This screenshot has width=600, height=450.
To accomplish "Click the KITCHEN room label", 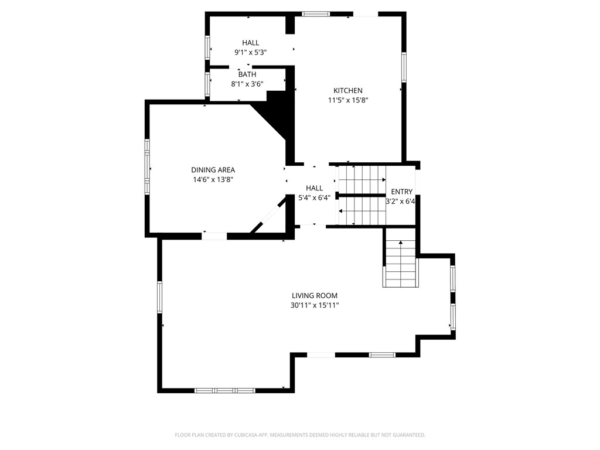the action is (x=348, y=91).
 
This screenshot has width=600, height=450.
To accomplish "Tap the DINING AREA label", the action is (x=213, y=170).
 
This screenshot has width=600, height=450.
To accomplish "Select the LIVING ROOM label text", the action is (x=315, y=295).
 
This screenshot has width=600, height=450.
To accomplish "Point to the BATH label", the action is (x=247, y=74).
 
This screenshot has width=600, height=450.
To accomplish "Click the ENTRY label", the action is (x=402, y=192).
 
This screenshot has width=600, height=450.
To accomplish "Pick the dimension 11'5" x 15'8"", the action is (x=348, y=100).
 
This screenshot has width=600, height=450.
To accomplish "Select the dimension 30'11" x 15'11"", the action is (x=315, y=305).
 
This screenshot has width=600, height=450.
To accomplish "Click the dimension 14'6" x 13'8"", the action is (x=213, y=179).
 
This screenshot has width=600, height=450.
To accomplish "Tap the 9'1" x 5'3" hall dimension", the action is (x=251, y=52).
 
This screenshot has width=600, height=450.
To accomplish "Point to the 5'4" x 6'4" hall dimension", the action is (x=314, y=198).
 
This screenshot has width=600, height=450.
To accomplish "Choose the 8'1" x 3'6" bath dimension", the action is (x=247, y=84).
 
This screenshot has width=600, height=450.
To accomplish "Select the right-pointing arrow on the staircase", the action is (x=362, y=179).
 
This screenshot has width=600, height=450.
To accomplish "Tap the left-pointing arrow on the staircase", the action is (x=362, y=210).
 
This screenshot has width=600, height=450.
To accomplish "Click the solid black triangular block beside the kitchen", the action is (x=277, y=115).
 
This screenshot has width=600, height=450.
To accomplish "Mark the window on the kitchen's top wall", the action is (x=316, y=14).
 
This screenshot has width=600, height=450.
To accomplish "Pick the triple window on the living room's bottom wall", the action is (x=224, y=390).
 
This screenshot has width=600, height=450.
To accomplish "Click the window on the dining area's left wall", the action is (x=147, y=167).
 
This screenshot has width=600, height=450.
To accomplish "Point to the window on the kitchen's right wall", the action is (x=404, y=67).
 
